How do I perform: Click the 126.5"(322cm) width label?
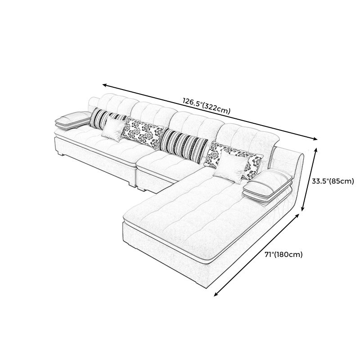coord(206,106)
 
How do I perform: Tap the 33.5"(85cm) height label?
coord(333,181)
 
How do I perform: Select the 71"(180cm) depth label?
coord(283,254)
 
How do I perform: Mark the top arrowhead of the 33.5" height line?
coord(316,150)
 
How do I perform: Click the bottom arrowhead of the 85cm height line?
coord(302,208)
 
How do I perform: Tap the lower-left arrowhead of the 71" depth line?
coord(216,294)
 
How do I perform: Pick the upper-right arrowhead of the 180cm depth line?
coord(297,216)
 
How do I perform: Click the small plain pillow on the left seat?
coord(112,129)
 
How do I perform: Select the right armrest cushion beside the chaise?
coord(268,187)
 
